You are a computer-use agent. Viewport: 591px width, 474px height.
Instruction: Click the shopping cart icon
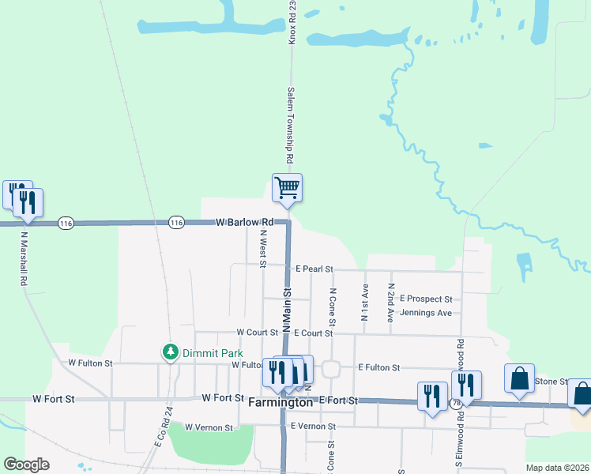pos(287,188)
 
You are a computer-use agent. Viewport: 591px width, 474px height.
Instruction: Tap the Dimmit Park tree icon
pos(170,352)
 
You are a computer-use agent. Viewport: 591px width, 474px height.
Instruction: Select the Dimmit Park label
pos(212,353)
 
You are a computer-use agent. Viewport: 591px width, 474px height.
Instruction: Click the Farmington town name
pos(281,402)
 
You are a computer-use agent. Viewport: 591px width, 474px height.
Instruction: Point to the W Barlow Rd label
pos(244,224)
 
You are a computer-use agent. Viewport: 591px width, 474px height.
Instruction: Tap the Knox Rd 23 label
pos(292,21)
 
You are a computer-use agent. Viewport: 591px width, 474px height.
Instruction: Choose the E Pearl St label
pos(314,269)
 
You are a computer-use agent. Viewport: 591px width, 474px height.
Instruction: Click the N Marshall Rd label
pos(24,258)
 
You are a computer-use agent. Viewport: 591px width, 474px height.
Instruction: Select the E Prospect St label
pos(426,299)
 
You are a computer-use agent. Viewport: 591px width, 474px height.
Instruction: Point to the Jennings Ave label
pos(427,313)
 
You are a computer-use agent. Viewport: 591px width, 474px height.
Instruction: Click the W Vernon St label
pos(209,427)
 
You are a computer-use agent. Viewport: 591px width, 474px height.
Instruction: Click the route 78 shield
pos(457,404)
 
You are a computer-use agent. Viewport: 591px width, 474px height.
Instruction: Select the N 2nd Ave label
pos(390,303)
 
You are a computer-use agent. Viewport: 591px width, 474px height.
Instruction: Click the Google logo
pos(26,465)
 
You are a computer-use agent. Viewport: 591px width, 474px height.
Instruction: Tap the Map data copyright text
pos(556,468)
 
